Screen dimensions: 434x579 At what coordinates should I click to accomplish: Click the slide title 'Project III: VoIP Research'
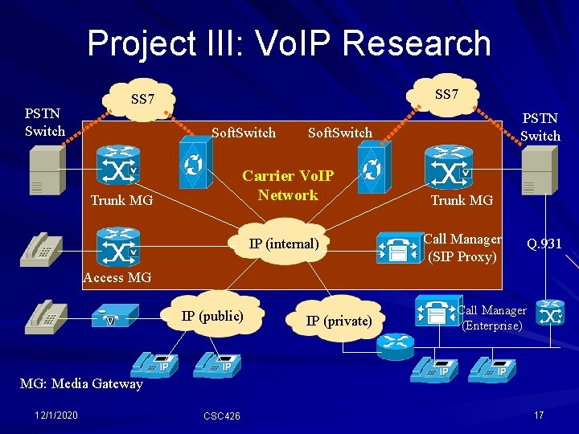(289, 43)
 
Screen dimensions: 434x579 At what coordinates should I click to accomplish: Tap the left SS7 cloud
(142, 100)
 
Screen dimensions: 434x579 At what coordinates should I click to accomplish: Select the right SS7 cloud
(446, 95)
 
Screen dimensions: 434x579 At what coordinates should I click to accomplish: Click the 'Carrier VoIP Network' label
(288, 186)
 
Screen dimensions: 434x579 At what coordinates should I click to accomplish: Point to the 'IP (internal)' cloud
(284, 244)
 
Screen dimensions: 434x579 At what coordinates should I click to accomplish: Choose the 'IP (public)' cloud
(211, 316)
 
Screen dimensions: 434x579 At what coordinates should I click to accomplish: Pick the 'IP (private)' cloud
(339, 321)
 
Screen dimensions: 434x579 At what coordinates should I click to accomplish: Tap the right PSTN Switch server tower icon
(538, 170)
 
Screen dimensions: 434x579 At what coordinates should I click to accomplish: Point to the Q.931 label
(544, 244)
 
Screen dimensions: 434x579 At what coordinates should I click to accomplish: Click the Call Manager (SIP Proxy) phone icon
(397, 247)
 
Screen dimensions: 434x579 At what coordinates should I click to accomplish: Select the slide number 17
(539, 415)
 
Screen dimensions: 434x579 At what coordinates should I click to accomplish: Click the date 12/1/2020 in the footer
(56, 415)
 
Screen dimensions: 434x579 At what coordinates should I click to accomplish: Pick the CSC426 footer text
(221, 416)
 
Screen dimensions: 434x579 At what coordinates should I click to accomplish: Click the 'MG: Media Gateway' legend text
(80, 383)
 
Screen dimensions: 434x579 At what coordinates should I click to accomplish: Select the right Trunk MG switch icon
(448, 166)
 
